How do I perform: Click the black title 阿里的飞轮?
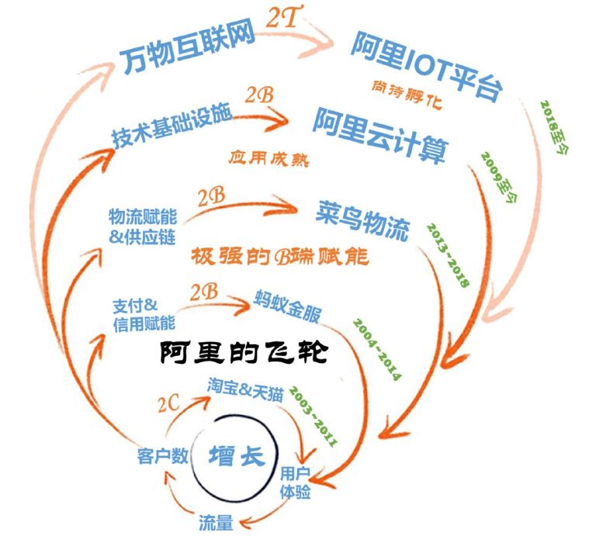coord(245,353)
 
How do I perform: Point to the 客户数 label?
coord(158,456)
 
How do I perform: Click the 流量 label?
coord(216,520)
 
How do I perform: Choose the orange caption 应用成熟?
coord(269,158)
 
